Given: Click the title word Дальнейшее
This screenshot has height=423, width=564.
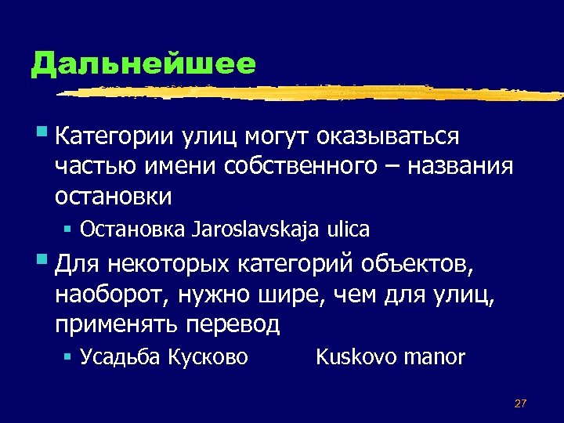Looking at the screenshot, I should (143, 63).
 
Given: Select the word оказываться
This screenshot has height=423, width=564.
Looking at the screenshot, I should (387, 137).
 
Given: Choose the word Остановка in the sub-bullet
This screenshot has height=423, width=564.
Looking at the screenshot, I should (132, 230).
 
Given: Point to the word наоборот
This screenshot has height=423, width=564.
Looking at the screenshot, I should (113, 295).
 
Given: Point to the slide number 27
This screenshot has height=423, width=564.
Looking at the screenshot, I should (520, 403).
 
